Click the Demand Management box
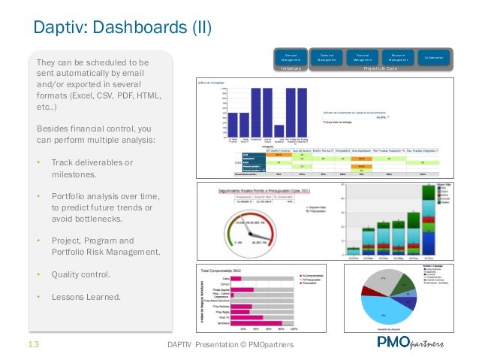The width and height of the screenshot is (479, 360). tap(290, 58)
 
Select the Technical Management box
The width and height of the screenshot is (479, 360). tap(327, 58)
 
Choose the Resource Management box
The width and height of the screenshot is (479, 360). tap(398, 58)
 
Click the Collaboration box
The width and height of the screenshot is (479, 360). tap(433, 58)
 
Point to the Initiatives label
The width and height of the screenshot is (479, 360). tap(291, 68)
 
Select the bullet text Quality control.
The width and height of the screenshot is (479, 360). tap(80, 275)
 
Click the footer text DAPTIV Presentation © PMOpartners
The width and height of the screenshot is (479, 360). tap(233, 345)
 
